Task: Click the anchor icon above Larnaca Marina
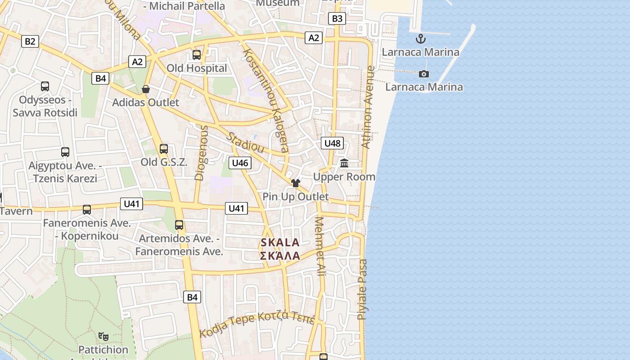pyautogui.click(x=421, y=39)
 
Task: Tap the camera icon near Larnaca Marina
pyautogui.click(x=423, y=74)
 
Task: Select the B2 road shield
pyautogui.click(x=30, y=42)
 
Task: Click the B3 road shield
pyautogui.click(x=337, y=18)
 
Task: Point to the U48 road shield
pyautogui.click(x=333, y=144)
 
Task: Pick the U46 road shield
pyautogui.click(x=240, y=163)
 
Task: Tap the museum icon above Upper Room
pyautogui.click(x=345, y=163)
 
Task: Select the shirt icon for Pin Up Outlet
pyautogui.click(x=296, y=183)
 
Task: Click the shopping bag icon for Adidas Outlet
pyautogui.click(x=146, y=89)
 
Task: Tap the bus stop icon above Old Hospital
pyautogui.click(x=197, y=55)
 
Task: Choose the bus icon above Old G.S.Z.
pyautogui.click(x=164, y=149)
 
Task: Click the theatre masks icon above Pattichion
pyautogui.click(x=103, y=336)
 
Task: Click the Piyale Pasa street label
pyautogui.click(x=362, y=289)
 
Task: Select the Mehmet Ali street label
pyautogui.click(x=320, y=246)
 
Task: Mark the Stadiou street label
pyautogui.click(x=245, y=142)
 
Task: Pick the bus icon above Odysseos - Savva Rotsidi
pyautogui.click(x=45, y=86)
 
